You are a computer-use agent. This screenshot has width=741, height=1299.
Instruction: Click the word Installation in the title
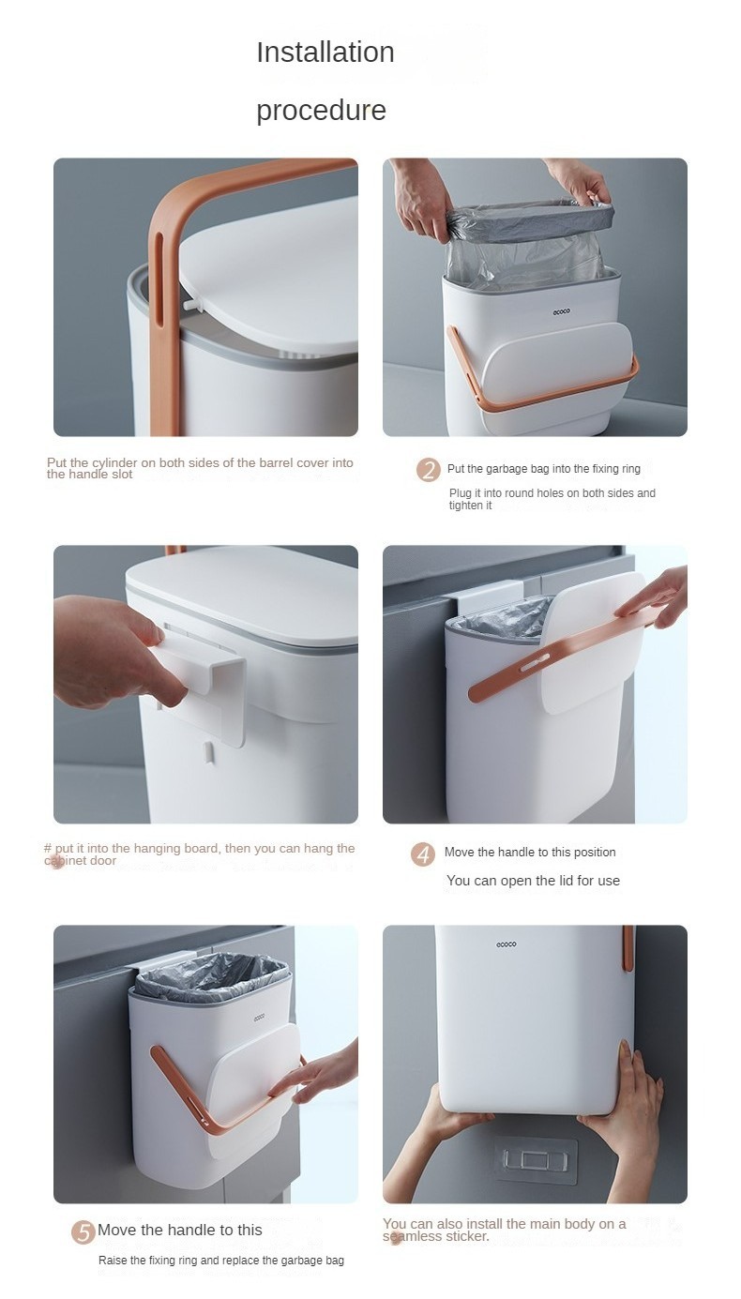(325, 52)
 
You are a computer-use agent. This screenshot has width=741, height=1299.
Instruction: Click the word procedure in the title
(321, 110)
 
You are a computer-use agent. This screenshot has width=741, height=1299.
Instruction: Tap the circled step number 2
(429, 470)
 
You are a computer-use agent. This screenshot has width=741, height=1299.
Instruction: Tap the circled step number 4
(423, 854)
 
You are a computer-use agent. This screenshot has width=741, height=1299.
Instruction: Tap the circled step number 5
(83, 1231)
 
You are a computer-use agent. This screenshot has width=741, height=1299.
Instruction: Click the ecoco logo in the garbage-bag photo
(561, 311)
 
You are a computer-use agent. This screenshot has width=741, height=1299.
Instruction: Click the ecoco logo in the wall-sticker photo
(507, 944)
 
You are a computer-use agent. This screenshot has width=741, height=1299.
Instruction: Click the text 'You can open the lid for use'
(533, 881)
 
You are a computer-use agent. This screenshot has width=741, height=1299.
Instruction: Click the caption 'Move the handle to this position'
(530, 852)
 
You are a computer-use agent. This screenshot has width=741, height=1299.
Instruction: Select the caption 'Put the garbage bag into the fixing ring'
(544, 469)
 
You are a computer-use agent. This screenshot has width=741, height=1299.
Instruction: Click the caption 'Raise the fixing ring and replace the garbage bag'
(221, 1261)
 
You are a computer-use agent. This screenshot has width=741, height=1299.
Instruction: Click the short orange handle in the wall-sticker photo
(627, 947)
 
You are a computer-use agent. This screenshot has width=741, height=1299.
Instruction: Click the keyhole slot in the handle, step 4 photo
(537, 666)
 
